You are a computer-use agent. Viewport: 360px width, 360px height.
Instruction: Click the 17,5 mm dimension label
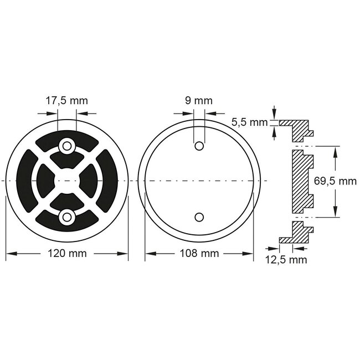pyautogui.click(x=66, y=101)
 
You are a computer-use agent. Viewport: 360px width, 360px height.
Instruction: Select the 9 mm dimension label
pyautogui.click(x=199, y=101)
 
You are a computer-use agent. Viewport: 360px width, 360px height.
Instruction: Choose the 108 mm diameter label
pyautogui.click(x=199, y=254)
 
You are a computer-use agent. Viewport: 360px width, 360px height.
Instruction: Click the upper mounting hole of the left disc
pyautogui.click(x=67, y=146)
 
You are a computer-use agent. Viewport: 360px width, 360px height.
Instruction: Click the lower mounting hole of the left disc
pyautogui.click(x=67, y=216)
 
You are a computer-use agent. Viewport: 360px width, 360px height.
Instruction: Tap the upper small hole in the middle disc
pyautogui.click(x=199, y=146)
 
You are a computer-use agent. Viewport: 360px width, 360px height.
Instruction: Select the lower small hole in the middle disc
pyautogui.click(x=199, y=217)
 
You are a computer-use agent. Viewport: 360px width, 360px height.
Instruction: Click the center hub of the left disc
pyautogui.click(x=67, y=181)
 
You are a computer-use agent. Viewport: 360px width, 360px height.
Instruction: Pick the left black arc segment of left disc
pyautogui.click(x=25, y=181)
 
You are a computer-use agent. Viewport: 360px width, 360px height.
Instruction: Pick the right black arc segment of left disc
pyautogui.click(x=109, y=181)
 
